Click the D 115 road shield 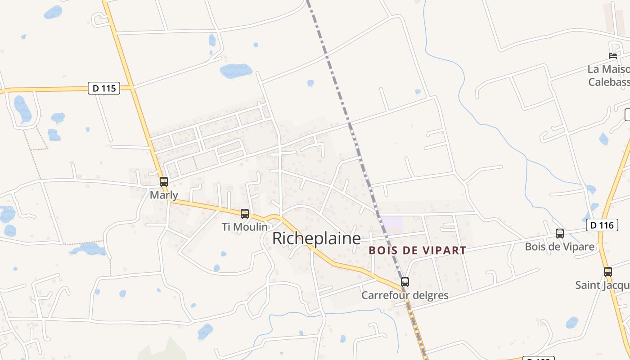click(104, 88)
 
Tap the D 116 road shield click(602, 225)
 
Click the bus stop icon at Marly click(164, 182)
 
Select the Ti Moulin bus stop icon click(245, 214)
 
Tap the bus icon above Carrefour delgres click(405, 282)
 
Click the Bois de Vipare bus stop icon click(560, 234)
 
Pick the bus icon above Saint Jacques click(608, 272)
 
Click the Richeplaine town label click(316, 238)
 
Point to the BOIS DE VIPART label click(417, 251)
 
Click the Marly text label click(164, 195)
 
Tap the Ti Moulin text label click(245, 227)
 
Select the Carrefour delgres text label click(405, 296)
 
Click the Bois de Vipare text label click(560, 247)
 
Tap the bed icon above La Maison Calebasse click(613, 56)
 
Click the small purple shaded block click(391, 224)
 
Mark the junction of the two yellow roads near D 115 click(132, 87)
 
